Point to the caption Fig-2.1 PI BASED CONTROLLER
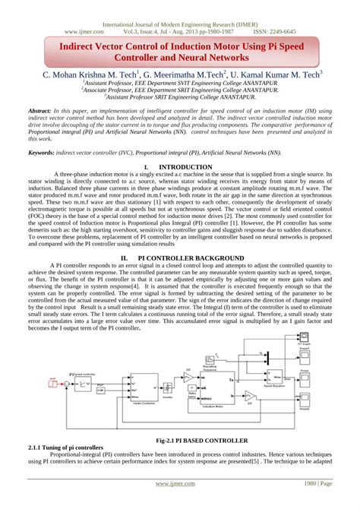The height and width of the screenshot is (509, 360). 180,440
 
